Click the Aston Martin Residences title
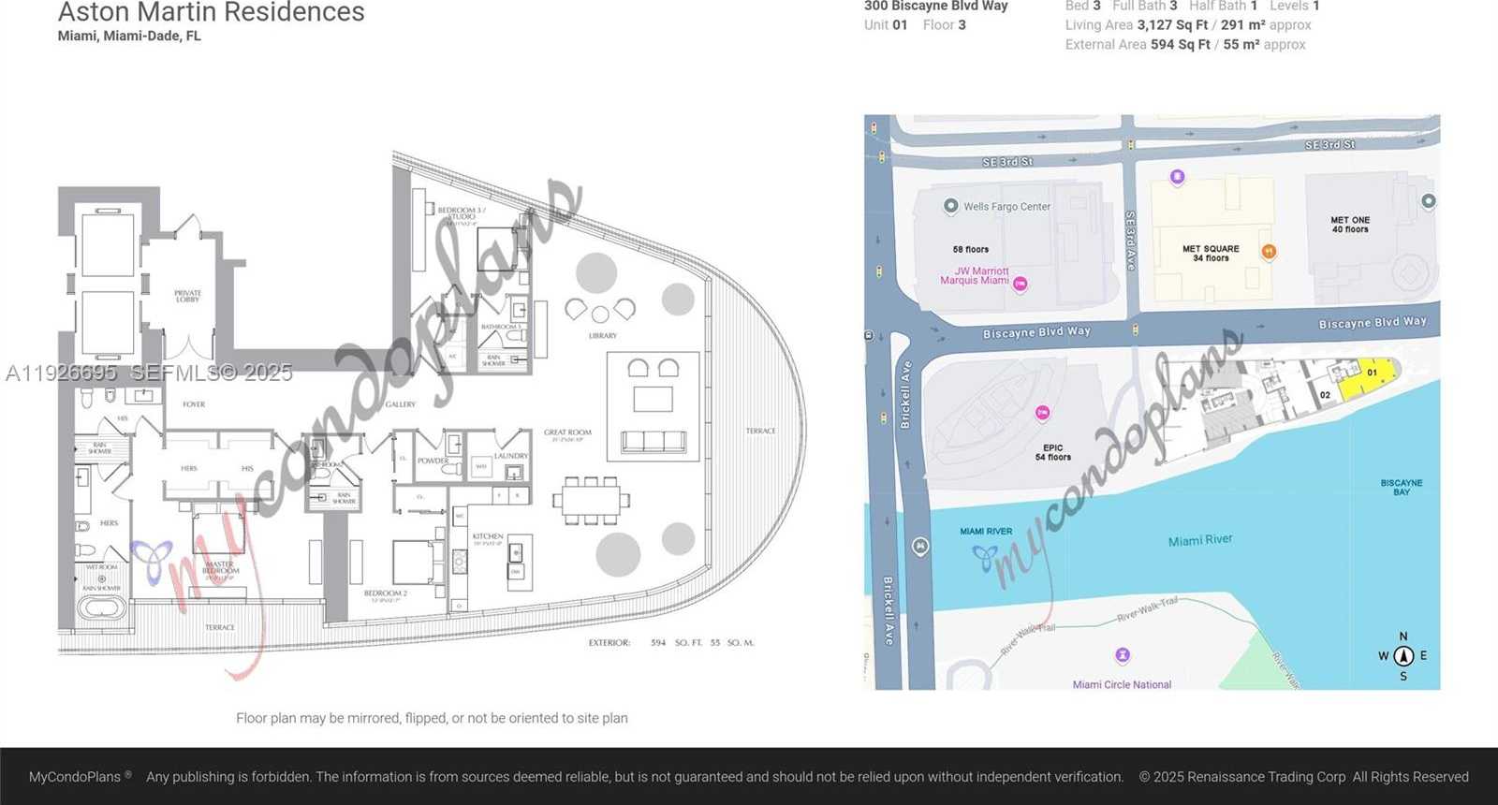[212, 12]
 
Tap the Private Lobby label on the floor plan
[187, 296]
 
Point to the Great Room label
[567, 433]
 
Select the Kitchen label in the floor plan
[488, 537]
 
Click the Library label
[602, 335]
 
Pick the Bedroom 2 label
[383, 593]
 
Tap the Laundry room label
[511, 456]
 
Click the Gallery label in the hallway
[400, 404]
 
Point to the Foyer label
[194, 404]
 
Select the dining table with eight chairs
[591, 500]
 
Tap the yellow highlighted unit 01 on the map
[1367, 378]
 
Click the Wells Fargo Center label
[1006, 207]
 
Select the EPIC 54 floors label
[1053, 452]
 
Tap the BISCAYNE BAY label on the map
[1401, 487]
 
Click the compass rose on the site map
[1403, 656]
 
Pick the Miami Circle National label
[1122, 684]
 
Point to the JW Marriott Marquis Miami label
[975, 276]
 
